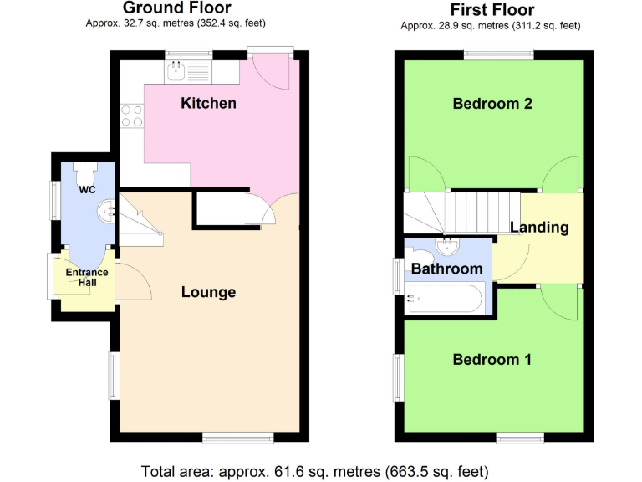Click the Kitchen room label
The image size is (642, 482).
tap(208, 104)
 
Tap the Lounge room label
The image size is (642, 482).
tap(208, 292)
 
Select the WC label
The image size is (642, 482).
tap(87, 190)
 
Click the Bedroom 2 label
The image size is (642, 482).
tap(492, 104)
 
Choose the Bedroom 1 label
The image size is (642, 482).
tap(492, 360)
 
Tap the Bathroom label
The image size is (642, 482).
tap(446, 269)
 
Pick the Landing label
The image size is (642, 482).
tap(539, 227)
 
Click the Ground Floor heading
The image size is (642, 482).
tap(176, 8)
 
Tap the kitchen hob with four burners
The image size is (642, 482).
tap(131, 115)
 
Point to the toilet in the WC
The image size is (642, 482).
tap(86, 171)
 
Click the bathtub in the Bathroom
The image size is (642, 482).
tap(444, 296)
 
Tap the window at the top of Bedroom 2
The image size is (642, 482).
tap(499, 54)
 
